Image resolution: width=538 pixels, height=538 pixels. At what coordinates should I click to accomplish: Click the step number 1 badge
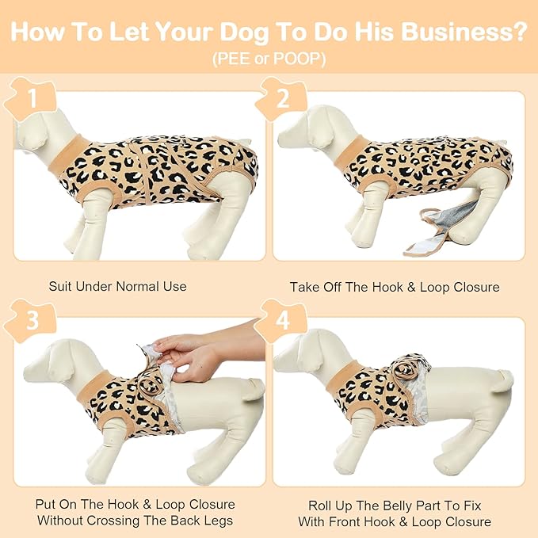point(32,98)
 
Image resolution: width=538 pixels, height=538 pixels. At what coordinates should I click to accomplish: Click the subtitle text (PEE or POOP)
point(269,60)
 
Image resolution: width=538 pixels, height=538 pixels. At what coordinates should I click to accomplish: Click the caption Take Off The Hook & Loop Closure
point(395,286)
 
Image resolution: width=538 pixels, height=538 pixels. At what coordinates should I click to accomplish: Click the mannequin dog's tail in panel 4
point(502,383)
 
